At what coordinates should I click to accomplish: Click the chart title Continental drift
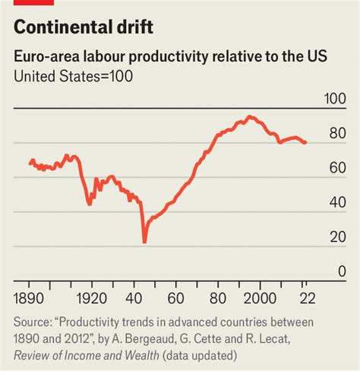coord(84,28)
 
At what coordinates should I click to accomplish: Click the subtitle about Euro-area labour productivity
coord(170,58)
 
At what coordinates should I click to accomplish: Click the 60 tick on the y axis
coord(337,169)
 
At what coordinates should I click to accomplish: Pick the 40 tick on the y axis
coord(337,203)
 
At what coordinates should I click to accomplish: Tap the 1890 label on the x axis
coord(29,296)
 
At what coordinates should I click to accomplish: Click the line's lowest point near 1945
coord(144,243)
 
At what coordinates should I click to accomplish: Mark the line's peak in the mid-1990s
coord(249,116)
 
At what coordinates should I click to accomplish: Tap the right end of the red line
coord(305,143)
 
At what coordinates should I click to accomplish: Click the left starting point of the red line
coord(30,163)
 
